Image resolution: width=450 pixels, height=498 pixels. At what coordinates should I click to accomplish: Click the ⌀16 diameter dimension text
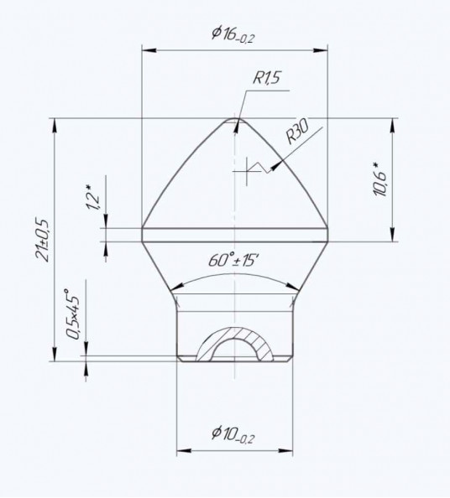[233, 34]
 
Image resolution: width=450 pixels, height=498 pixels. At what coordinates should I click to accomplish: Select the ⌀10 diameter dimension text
[233, 433]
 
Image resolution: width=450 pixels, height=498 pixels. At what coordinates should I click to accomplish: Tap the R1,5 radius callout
[267, 78]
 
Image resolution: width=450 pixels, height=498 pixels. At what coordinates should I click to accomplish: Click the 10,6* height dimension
[380, 179]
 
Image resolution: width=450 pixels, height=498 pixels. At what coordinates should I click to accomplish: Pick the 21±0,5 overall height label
[43, 240]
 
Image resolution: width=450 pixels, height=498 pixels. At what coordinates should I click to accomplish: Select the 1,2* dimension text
[93, 197]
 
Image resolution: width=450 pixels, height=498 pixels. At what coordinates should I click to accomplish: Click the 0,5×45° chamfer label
[71, 314]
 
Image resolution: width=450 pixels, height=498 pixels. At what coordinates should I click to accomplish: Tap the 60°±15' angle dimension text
[233, 261]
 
